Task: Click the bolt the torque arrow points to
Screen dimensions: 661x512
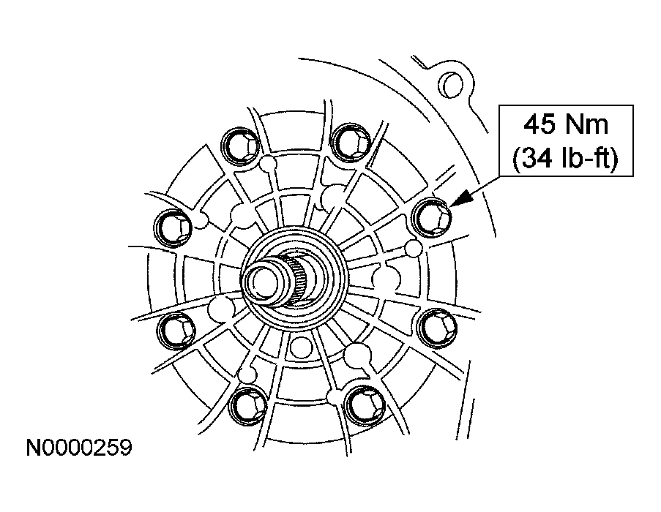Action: pyautogui.click(x=432, y=217)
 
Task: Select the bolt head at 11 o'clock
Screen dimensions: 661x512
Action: pyautogui.click(x=240, y=146)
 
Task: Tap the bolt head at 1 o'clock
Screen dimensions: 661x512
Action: pyautogui.click(x=351, y=143)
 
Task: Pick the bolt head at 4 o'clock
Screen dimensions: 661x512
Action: pyautogui.click(x=437, y=328)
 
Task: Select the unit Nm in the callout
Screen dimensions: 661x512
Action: pyautogui.click(x=587, y=125)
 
